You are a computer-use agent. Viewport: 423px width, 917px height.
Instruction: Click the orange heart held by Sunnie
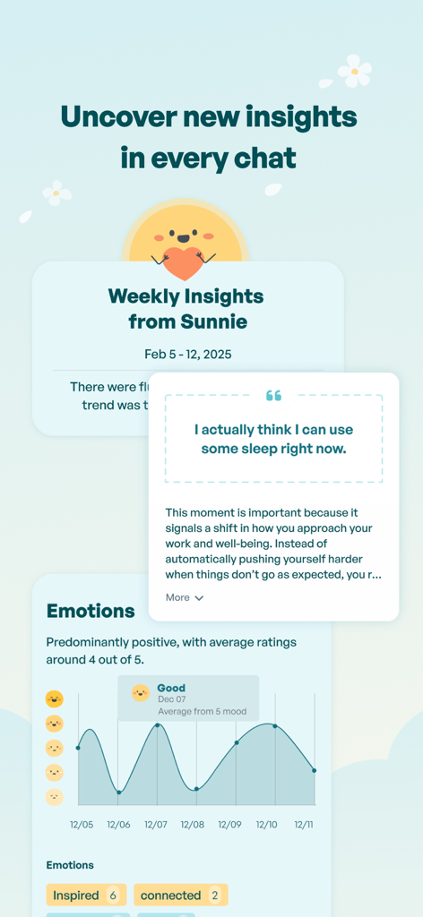point(185,263)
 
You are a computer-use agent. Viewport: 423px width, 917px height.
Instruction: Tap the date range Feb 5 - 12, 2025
point(188,355)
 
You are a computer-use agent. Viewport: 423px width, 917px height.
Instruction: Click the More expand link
point(185,597)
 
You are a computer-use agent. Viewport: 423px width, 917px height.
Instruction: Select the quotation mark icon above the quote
point(273,396)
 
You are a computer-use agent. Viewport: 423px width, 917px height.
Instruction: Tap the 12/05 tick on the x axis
point(82,824)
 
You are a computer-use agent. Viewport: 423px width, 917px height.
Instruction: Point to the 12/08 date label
point(193,824)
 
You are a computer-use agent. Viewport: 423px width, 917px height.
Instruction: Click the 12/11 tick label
point(304,824)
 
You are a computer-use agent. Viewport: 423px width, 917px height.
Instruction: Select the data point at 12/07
point(157,725)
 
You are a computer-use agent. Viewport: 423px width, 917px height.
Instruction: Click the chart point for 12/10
point(275,726)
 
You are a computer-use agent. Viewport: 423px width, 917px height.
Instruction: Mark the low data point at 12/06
point(118,793)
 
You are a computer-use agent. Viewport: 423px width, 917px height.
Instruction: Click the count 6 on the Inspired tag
point(113,896)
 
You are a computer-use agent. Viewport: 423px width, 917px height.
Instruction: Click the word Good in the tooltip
point(171,689)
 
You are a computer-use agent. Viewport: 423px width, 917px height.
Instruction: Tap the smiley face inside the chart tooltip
point(141,693)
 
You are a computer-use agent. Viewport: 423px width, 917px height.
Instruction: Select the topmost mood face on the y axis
point(55,698)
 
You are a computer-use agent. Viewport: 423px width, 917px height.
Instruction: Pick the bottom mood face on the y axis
point(55,797)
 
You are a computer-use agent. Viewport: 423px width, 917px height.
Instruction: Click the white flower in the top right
point(355,71)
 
